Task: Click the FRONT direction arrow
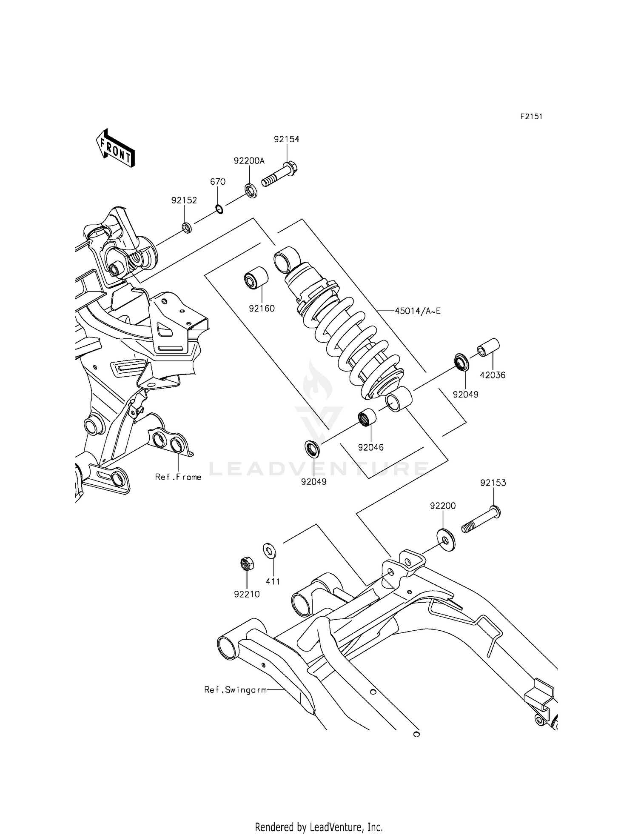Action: click(x=115, y=148)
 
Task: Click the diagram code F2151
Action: click(x=531, y=117)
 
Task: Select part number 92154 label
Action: click(x=286, y=139)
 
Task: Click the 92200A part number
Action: click(x=249, y=160)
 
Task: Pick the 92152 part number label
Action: click(x=184, y=200)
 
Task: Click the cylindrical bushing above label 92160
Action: click(x=256, y=278)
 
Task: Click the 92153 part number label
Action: click(x=493, y=483)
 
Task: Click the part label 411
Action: click(x=273, y=581)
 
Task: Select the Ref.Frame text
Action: click(x=178, y=477)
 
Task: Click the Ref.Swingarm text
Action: click(x=235, y=689)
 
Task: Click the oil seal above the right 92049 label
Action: click(x=461, y=362)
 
